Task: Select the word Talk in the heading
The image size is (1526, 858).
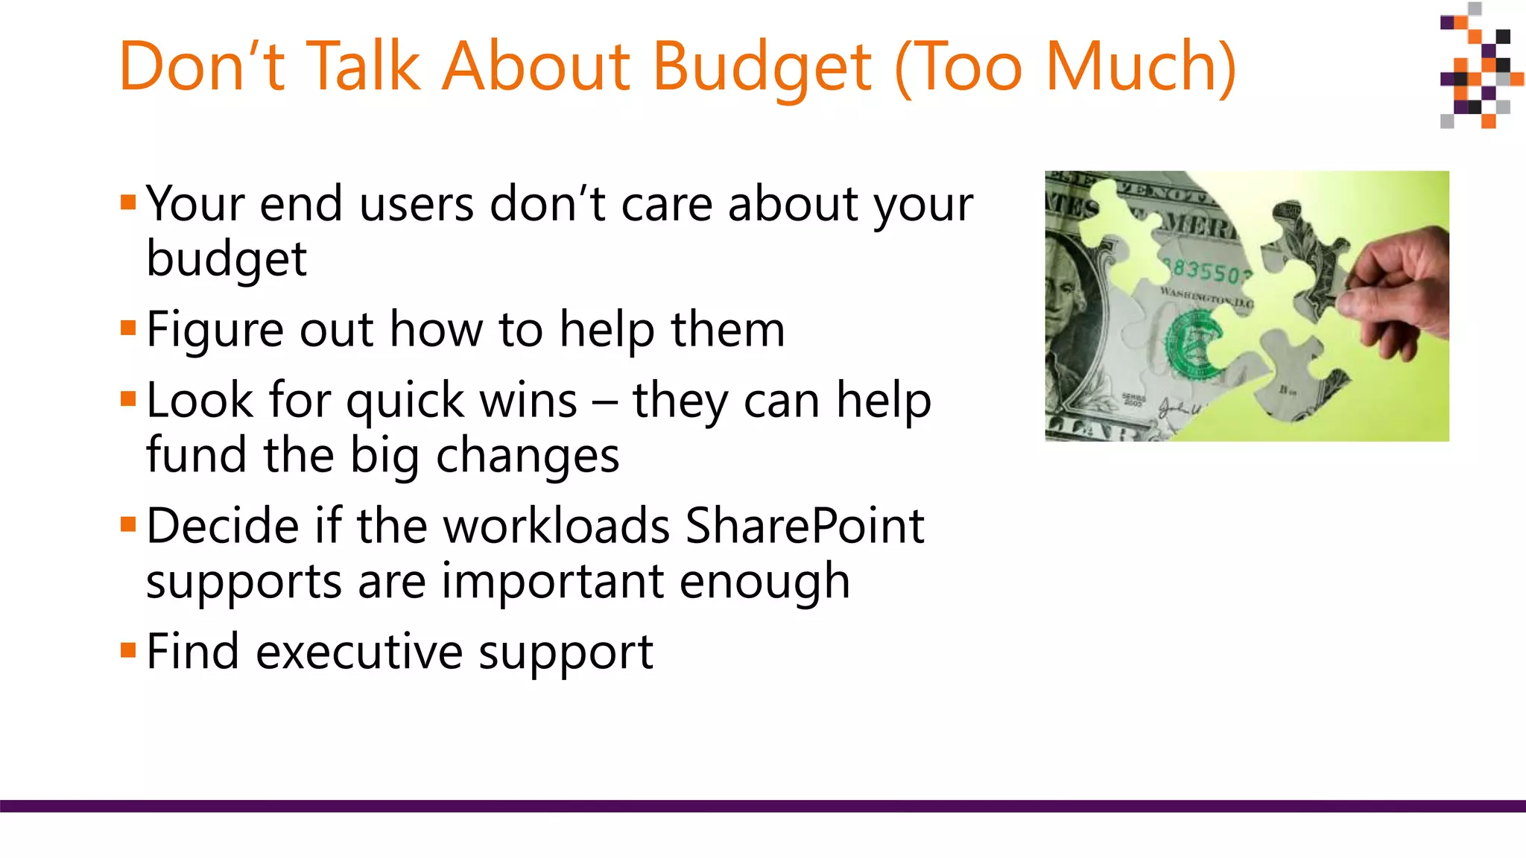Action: (363, 67)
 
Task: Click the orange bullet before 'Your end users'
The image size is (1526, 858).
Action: (128, 203)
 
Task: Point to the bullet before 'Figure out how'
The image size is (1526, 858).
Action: (128, 328)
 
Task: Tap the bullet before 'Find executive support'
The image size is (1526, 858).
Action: (128, 651)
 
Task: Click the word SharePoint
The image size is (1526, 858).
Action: (804, 526)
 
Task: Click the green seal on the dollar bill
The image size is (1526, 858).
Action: (1193, 343)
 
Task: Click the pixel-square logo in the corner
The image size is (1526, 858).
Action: (1479, 67)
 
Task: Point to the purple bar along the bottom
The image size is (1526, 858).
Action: (763, 806)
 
